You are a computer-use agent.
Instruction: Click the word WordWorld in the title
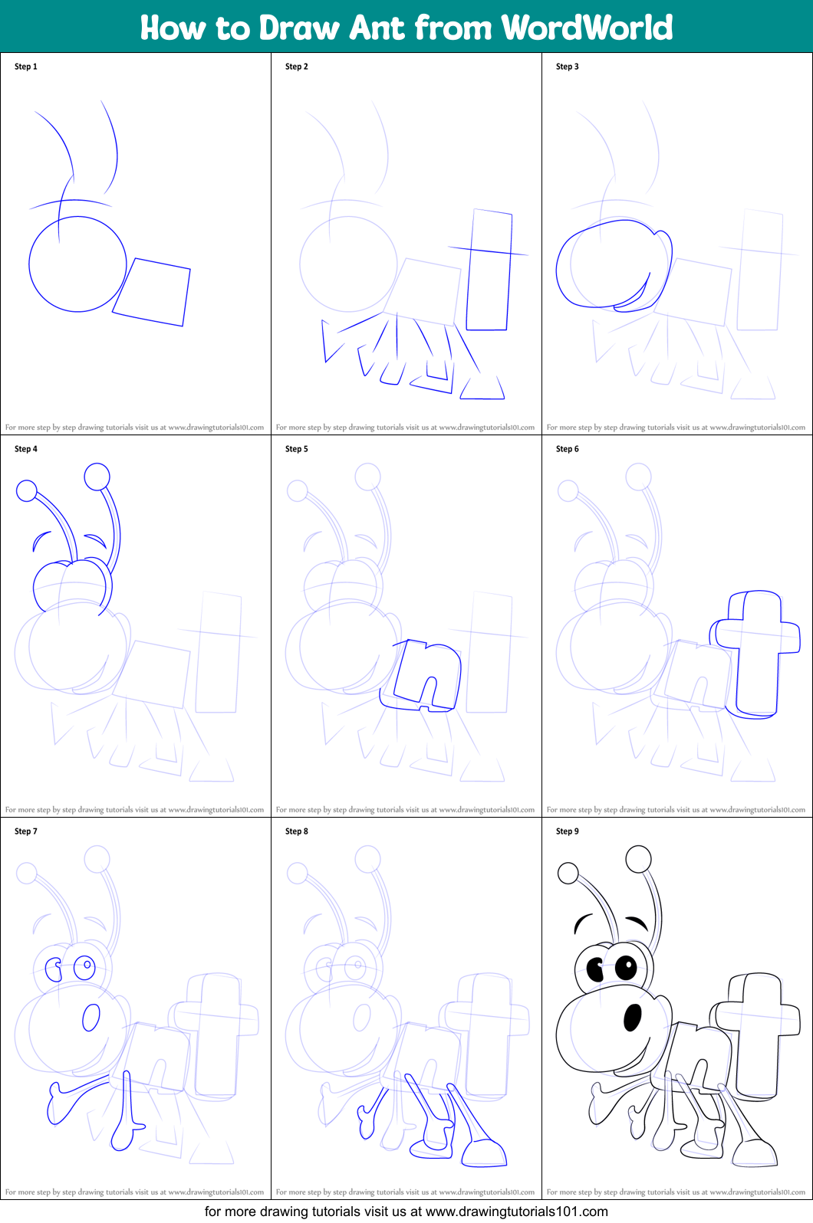point(587,28)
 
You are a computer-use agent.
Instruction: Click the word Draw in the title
point(298,28)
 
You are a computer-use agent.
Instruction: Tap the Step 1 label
point(26,67)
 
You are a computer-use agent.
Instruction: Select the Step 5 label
point(297,449)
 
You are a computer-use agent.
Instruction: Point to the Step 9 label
point(568,831)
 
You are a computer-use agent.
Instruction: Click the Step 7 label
point(26,831)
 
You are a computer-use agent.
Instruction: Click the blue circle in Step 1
point(77,264)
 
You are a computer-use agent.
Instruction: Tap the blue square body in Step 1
point(152,292)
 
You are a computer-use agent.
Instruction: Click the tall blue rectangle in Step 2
point(489,270)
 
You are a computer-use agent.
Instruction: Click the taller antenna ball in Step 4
point(97,477)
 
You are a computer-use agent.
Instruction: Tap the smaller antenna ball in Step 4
point(27,490)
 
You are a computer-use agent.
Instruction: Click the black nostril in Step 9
point(633,1017)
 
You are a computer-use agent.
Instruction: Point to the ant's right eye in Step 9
point(626,968)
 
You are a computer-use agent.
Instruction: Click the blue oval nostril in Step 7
point(91,1018)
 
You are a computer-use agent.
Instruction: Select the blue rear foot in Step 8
point(484,1153)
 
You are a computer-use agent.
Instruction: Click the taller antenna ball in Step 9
point(639,859)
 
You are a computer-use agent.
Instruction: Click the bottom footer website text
point(406,1212)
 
